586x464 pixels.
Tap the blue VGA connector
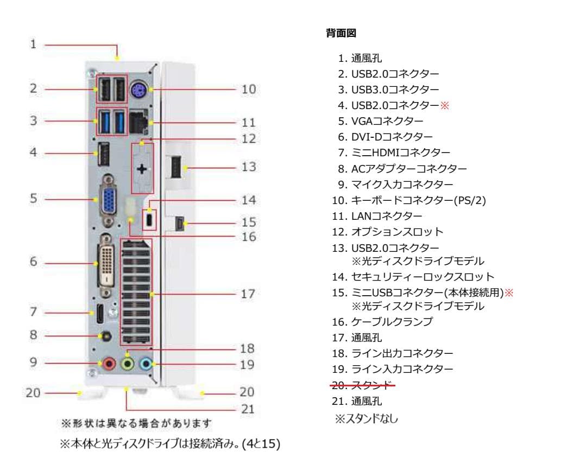[x=108, y=199]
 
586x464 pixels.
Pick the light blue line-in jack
[x=145, y=363]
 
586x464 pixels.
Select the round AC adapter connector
[x=107, y=336]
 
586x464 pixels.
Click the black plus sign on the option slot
[x=142, y=169]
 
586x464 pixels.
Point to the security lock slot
[x=150, y=220]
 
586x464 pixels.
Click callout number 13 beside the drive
[x=248, y=167]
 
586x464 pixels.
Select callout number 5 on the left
[x=34, y=199]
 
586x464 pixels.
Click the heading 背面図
[x=341, y=34]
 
